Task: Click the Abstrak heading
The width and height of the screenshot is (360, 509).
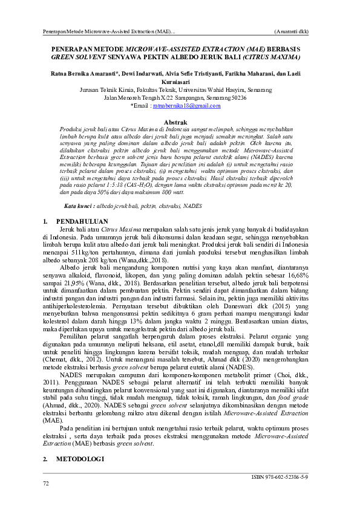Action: (180, 122)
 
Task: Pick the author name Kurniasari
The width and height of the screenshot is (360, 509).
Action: (180, 81)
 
